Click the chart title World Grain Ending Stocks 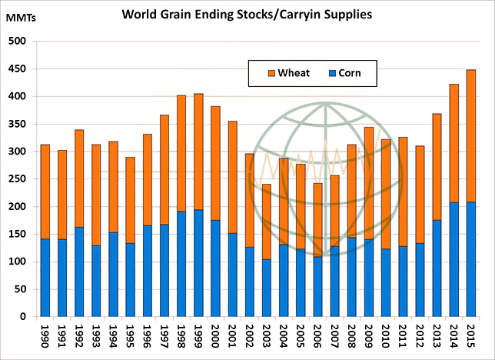click(x=247, y=13)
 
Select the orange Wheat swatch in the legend click(x=271, y=74)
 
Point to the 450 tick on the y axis click(x=17, y=69)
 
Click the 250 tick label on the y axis click(x=17, y=179)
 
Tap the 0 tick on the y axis click(x=23, y=317)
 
